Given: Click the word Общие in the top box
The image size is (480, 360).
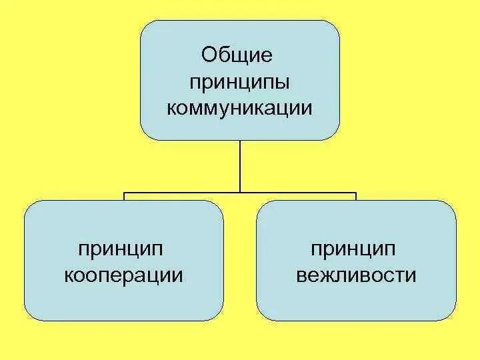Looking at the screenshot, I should click(x=237, y=56).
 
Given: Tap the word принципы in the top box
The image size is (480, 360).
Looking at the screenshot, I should click(x=239, y=83).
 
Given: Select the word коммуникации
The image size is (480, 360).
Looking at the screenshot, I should click(x=239, y=108).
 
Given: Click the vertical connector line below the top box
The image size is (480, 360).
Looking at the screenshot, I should click(x=240, y=167).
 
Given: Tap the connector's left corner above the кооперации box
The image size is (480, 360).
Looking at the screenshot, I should click(x=124, y=194).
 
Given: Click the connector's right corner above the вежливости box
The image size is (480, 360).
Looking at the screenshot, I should click(x=356, y=194).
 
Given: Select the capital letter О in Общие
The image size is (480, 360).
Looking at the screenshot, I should click(x=209, y=55).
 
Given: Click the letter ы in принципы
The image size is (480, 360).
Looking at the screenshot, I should click(x=282, y=83).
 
